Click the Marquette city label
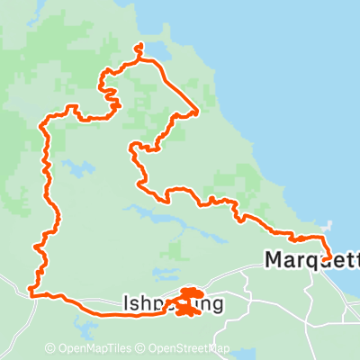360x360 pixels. click(x=311, y=260)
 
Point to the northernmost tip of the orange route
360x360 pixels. click(x=138, y=45)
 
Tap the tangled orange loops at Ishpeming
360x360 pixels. click(x=186, y=302)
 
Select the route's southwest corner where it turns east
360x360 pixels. click(x=31, y=292)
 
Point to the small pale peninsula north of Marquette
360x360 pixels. click(x=328, y=226)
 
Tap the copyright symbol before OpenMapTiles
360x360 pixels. click(x=50, y=348)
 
